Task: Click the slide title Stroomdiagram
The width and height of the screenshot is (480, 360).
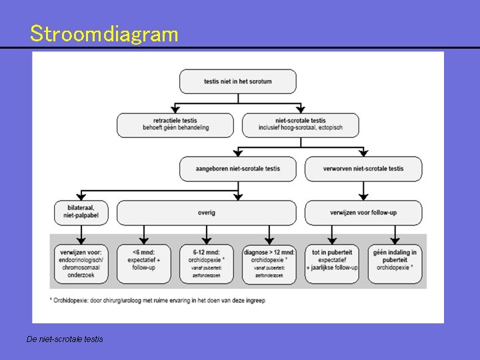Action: coord(104,34)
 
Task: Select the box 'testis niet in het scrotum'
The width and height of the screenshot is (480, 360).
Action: coord(238,81)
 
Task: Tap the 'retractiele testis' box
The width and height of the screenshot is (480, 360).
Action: coord(175,125)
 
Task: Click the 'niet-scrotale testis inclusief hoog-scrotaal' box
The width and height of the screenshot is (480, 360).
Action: coord(301,125)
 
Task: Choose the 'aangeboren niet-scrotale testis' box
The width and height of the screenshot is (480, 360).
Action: coord(238,169)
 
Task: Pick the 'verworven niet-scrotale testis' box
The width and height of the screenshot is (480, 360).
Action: coord(363,169)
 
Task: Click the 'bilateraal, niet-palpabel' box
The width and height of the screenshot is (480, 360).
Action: coord(81,213)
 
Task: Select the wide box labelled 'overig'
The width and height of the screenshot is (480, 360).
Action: coord(207,213)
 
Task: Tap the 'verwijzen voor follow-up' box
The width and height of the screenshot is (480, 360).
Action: coord(363,213)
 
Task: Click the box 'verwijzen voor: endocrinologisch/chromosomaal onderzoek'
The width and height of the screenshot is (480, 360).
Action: coord(81,263)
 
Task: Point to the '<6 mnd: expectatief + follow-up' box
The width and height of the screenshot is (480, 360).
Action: coord(144,263)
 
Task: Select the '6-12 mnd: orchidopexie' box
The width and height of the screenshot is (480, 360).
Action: coord(207,263)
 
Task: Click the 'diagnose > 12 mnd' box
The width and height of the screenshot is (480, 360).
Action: coord(269,263)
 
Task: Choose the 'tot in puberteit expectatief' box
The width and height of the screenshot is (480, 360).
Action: coord(332,263)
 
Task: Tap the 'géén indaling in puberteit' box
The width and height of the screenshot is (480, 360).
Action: coord(395,263)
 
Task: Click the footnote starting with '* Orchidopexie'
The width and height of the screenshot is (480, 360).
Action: coord(157,301)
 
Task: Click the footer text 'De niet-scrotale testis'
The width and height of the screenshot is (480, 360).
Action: coord(65,339)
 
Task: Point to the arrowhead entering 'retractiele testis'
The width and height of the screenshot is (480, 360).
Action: coord(175,109)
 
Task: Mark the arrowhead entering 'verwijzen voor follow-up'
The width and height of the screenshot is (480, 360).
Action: coord(363,197)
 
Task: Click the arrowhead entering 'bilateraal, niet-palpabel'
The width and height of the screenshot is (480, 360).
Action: coord(81,197)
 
